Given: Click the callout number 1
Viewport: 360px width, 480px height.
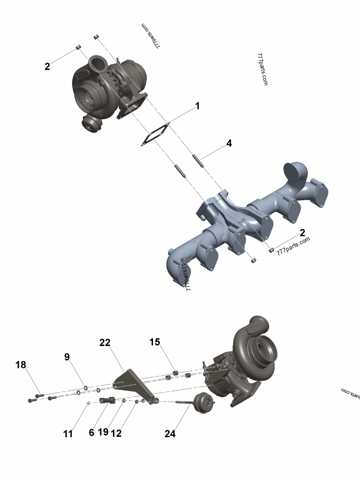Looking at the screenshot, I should click(197, 106).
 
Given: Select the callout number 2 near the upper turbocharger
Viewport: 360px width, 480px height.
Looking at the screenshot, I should click(47, 67).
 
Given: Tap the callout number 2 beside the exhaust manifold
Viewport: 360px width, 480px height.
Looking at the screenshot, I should click(302, 233).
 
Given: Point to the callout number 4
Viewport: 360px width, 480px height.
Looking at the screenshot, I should click(229, 144).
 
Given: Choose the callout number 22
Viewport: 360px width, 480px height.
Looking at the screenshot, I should click(105, 343).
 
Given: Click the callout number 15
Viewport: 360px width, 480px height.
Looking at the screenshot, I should click(155, 342).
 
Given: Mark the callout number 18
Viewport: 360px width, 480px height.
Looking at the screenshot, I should click(21, 364).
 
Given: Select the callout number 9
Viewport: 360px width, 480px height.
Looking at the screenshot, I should click(67, 357).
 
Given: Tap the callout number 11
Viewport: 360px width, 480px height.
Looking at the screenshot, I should click(68, 434).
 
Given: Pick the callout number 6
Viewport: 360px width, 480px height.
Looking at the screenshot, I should click(91, 433).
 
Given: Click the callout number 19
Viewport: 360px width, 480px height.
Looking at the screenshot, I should click(103, 432).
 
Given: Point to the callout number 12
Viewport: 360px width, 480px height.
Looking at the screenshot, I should click(116, 433).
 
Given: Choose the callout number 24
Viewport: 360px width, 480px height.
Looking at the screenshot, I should click(170, 434).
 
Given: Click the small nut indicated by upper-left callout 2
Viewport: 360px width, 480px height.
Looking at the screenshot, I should click(78, 47).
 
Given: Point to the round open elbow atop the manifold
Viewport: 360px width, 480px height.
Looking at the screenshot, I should click(295, 171).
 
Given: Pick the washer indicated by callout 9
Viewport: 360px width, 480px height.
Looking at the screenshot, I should click(85, 386).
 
